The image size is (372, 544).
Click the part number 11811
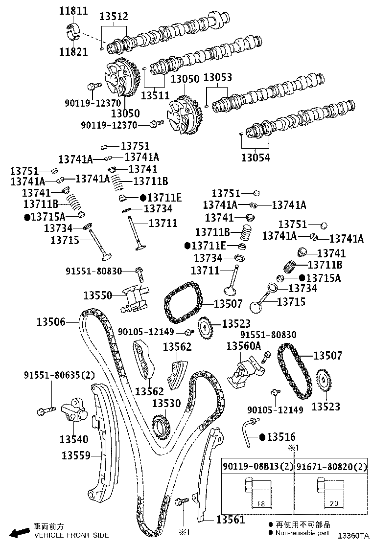click(73, 11)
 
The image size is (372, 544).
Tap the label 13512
click(114, 17)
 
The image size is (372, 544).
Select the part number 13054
click(256, 157)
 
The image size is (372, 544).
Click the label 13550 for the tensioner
click(98, 295)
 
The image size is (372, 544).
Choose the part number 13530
click(166, 403)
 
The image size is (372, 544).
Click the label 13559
click(76, 455)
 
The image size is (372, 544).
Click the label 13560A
click(243, 346)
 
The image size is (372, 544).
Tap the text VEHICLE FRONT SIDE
click(71, 535)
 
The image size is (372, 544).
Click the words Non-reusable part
click(302, 533)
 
